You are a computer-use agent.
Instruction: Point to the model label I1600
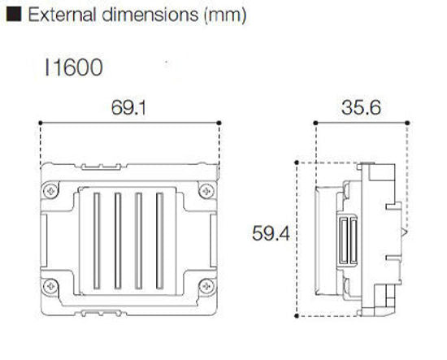[74, 67]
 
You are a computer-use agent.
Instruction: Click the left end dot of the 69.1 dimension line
[41, 123]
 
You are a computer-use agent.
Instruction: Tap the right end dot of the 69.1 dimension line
[220, 123]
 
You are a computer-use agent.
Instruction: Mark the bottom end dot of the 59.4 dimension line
[300, 313]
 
